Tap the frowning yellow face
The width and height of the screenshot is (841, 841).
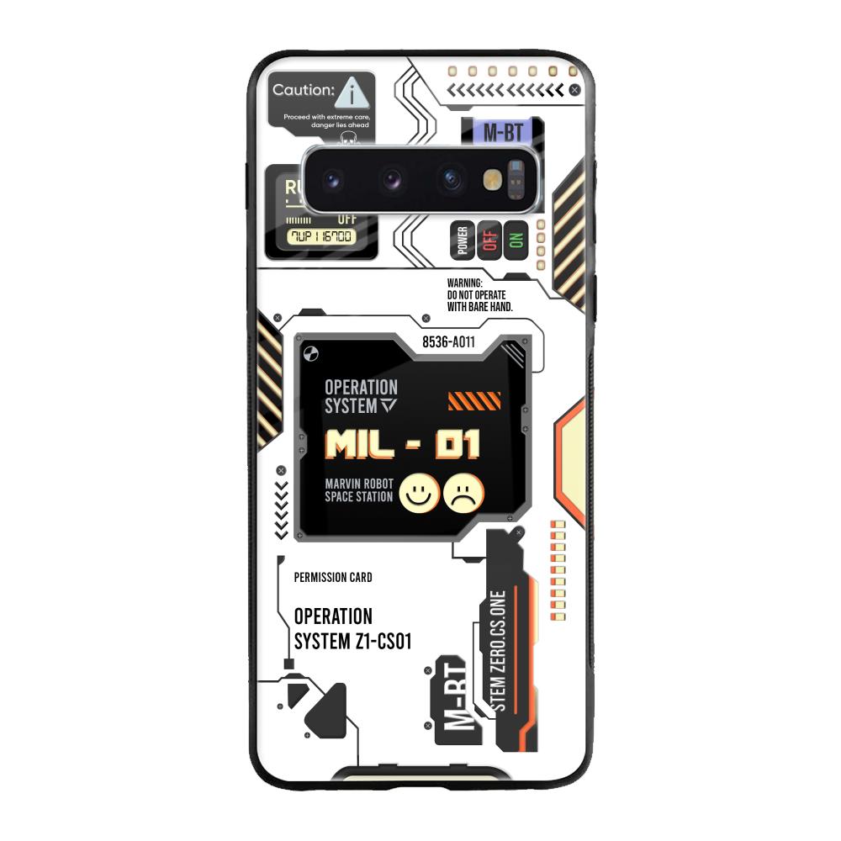tap(464, 492)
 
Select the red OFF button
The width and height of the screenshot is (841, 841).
tap(489, 241)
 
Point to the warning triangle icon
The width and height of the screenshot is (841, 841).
tap(356, 91)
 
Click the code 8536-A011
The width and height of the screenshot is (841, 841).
tap(448, 341)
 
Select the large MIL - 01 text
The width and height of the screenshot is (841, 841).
tap(403, 444)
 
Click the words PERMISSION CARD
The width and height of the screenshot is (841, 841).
tap(333, 578)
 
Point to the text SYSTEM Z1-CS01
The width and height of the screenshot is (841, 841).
tap(352, 641)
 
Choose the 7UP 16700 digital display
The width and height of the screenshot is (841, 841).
tap(320, 236)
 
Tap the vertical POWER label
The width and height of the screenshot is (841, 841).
tap(462, 241)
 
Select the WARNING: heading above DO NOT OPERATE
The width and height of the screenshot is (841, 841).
tap(464, 283)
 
